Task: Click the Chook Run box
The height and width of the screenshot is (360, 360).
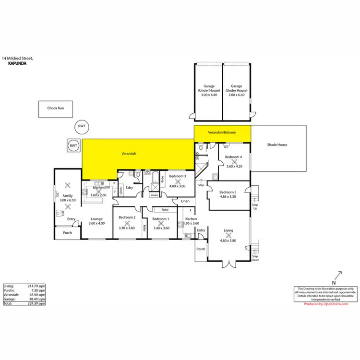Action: (x=56, y=109)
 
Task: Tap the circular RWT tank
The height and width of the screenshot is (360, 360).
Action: (x=82, y=127)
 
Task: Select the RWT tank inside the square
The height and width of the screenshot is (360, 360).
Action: (x=73, y=145)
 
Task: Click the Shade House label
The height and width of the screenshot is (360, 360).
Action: (x=277, y=144)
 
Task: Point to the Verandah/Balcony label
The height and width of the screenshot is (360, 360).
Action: (x=222, y=132)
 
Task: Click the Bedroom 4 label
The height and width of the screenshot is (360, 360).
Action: (x=234, y=157)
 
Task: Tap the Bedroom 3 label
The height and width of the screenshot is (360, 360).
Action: (x=178, y=176)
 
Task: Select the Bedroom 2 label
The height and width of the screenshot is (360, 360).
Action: (x=127, y=218)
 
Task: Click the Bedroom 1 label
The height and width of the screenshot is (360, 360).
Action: (x=161, y=219)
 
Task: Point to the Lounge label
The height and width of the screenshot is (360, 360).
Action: (x=97, y=219)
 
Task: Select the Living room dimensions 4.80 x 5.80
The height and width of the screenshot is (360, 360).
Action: (x=228, y=235)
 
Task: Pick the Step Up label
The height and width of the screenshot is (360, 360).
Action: (x=255, y=206)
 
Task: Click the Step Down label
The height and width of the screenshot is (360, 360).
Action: (x=255, y=259)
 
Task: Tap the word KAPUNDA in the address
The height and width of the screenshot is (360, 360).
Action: (x=18, y=62)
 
